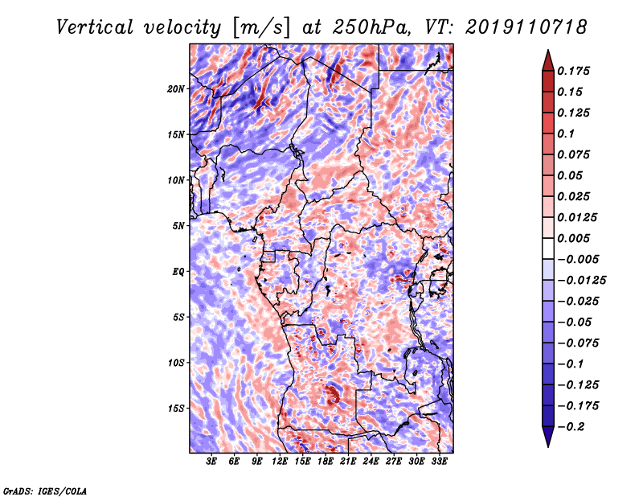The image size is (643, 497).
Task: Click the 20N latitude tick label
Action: [176, 89]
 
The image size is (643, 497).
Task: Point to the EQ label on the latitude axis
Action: [178, 272]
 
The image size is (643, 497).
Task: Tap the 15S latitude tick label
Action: [176, 409]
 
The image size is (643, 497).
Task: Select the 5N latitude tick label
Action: [178, 226]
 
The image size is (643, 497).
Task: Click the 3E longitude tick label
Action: [211, 462]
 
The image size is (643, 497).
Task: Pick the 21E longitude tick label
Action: [348, 462]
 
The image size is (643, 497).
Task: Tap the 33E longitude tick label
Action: [439, 462]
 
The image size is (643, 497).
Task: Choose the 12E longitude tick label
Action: [280, 462]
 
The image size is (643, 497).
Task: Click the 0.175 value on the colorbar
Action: [573, 71]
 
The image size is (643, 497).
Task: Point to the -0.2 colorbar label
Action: [571, 427]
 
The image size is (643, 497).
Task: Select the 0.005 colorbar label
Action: [573, 238]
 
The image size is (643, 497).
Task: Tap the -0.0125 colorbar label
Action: [581, 281]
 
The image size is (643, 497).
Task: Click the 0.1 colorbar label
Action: [566, 133]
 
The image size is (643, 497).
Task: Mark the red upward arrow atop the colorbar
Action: [548, 60]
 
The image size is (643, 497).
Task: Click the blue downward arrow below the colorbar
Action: [548, 437]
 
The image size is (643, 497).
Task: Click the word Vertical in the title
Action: [95, 27]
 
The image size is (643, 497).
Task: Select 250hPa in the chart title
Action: [371, 27]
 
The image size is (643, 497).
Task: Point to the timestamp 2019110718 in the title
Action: [526, 27]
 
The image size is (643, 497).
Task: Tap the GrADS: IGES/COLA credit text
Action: [45, 491]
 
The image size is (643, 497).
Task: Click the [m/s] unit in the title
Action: [261, 28]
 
